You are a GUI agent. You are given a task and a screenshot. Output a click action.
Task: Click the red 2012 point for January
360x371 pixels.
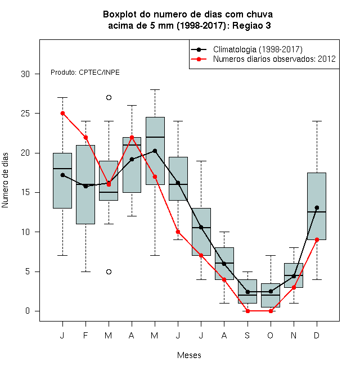click(x=63, y=114)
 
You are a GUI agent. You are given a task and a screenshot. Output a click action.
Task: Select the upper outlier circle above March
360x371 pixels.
click(x=109, y=97)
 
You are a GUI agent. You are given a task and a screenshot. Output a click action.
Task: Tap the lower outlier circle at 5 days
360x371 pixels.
click(x=109, y=272)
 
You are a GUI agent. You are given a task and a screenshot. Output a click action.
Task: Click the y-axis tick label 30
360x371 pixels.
click(x=25, y=74)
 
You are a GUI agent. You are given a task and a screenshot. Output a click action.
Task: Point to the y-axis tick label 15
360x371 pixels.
click(x=25, y=192)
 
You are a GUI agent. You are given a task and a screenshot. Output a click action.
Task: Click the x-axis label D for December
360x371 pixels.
click(x=317, y=335)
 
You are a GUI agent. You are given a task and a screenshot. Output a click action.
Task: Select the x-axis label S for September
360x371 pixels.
click(x=247, y=335)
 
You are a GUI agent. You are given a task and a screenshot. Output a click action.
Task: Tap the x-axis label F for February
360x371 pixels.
click(x=85, y=335)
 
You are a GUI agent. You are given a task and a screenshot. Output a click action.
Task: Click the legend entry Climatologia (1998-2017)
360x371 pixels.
click(x=258, y=49)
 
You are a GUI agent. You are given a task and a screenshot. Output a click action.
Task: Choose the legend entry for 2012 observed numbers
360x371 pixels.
click(x=274, y=59)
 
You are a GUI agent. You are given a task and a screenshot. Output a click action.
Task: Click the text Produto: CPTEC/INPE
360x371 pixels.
click(x=85, y=72)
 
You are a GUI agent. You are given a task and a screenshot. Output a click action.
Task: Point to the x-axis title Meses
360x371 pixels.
click(x=189, y=355)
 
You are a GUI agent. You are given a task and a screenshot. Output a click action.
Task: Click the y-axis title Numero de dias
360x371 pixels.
click(x=5, y=180)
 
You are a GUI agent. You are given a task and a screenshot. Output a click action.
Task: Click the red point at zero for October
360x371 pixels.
click(x=271, y=311)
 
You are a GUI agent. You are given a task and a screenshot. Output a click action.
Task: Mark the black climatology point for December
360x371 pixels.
click(x=317, y=208)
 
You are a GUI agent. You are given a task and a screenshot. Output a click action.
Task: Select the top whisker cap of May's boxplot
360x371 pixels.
click(x=155, y=90)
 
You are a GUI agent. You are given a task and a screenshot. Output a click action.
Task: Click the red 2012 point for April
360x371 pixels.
click(x=132, y=137)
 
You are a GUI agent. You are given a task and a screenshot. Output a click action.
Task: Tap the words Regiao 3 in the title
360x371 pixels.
click(x=251, y=25)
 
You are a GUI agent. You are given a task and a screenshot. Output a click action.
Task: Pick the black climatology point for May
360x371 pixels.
click(x=155, y=151)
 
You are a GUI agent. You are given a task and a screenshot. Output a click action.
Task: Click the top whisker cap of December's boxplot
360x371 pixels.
click(x=317, y=121)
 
